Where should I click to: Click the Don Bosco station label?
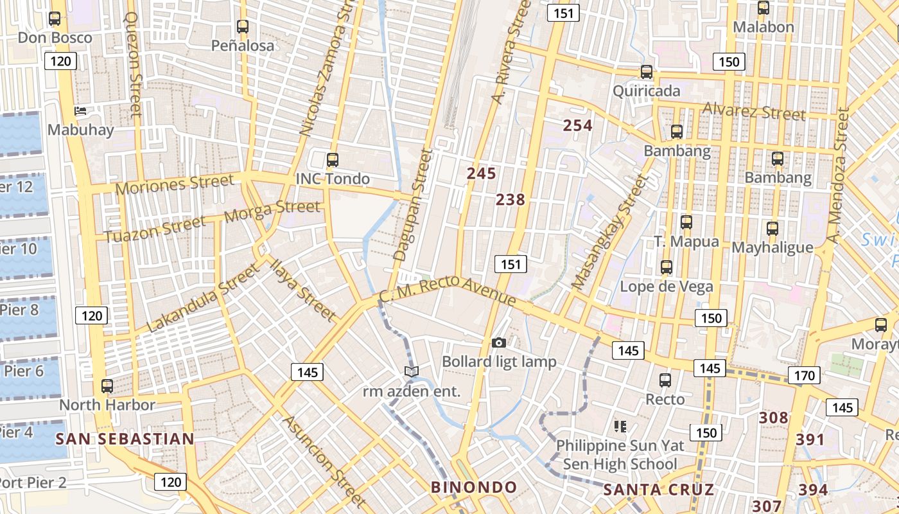click(55, 37)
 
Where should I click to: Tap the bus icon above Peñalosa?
click(242, 26)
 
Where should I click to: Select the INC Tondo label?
click(332, 179)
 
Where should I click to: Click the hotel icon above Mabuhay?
click(80, 111)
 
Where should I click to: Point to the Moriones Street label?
click(175, 184)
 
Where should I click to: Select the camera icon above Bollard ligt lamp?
click(498, 343)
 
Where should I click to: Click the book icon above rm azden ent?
click(412, 371)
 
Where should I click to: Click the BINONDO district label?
click(474, 487)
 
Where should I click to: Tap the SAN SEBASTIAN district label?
click(125, 439)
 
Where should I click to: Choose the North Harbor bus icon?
click(107, 386)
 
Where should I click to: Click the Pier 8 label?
click(19, 310)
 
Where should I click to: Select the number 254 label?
click(577, 125)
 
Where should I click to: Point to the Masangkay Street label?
click(610, 233)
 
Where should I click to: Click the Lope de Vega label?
click(666, 287)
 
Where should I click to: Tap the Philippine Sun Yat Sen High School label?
click(620, 454)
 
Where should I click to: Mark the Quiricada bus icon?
click(647, 72)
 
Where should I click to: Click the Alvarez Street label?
click(753, 111)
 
